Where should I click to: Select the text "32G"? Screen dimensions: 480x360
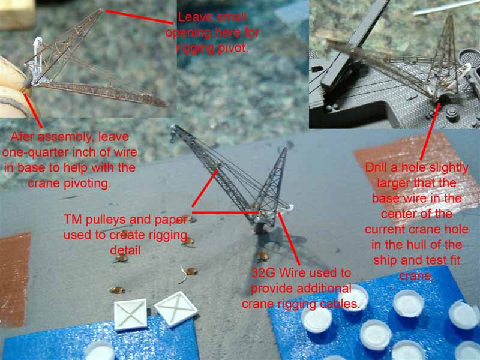(x=263, y=272)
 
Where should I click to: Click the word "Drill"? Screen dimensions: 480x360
(x=380, y=167)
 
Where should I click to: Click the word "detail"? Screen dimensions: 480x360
(x=125, y=250)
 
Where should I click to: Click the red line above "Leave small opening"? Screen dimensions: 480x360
(x=140, y=17)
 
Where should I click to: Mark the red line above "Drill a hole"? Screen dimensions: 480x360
(x=430, y=131)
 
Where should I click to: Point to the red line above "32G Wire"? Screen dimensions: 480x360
(x=288, y=239)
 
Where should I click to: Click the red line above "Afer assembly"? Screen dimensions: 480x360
(x=33, y=110)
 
